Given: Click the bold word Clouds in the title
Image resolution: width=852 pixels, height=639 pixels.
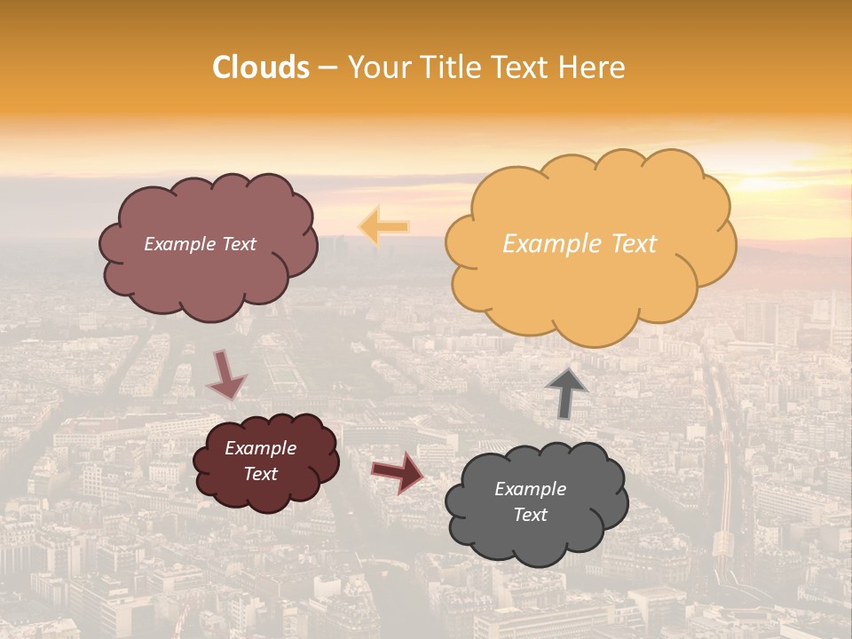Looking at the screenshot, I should click(261, 67).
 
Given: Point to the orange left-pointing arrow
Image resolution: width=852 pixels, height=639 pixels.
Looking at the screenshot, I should click(383, 226).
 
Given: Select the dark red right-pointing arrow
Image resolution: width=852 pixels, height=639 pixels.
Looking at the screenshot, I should click(398, 471).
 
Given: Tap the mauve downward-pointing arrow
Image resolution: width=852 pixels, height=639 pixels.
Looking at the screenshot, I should click(226, 374).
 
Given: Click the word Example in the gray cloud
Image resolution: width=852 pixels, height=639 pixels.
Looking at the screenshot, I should click(530, 489).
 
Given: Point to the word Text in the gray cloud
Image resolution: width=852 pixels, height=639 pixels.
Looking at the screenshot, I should click(530, 515).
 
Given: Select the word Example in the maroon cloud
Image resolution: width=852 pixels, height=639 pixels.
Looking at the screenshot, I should click(261, 448).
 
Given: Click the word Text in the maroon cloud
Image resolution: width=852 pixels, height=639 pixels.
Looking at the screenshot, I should click(261, 474).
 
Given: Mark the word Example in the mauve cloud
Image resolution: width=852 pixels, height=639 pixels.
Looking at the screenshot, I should click(180, 244).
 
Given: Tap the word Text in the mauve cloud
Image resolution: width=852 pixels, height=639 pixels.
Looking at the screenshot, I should click(238, 244).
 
